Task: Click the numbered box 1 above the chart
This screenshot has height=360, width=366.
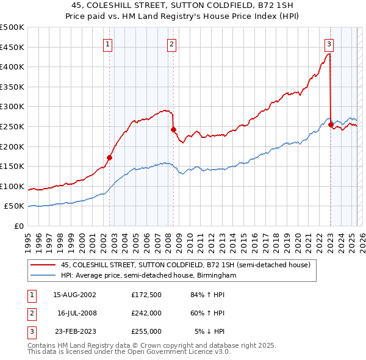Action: (107, 44)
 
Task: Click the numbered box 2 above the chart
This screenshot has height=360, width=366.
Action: (172, 44)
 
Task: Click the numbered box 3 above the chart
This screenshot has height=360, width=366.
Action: (329, 44)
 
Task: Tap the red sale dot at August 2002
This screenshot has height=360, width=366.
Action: (110, 157)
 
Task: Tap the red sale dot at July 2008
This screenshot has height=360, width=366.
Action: (173, 129)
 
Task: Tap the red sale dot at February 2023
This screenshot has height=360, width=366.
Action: (331, 124)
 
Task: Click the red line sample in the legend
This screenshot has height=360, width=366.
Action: (43, 265)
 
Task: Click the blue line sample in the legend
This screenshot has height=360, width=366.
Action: (43, 276)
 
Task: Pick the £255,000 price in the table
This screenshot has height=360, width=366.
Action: (146, 331)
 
